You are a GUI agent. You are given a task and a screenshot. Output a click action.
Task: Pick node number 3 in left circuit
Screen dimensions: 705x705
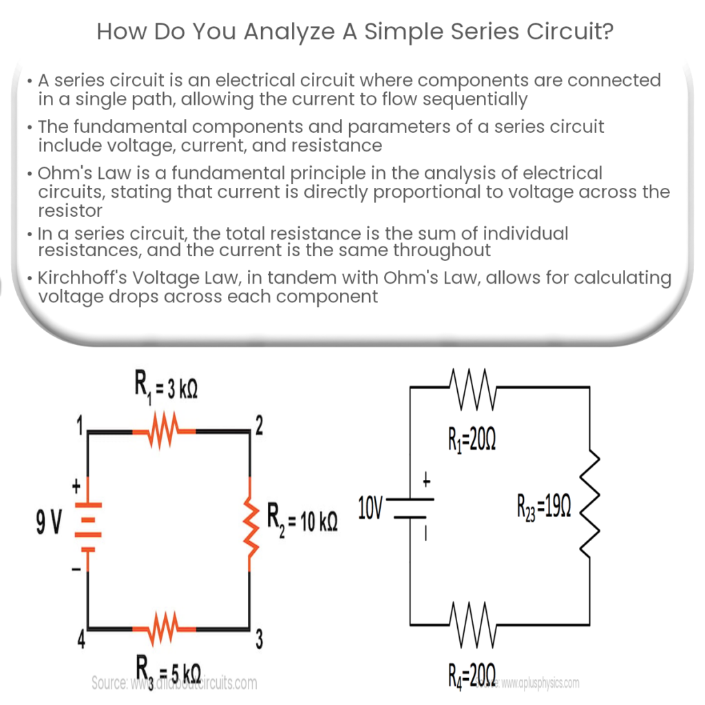pos(259,640)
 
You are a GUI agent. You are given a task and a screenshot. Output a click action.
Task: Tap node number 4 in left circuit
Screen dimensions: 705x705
pos(80,640)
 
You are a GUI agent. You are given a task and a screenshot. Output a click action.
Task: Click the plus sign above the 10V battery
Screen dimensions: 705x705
pos(425,483)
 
